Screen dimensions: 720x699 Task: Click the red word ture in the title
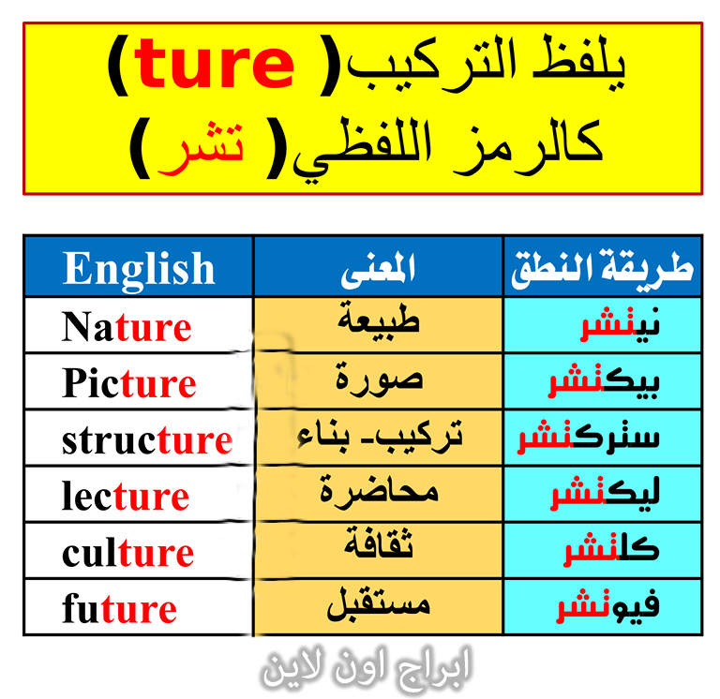[214, 65]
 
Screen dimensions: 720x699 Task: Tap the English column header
[139, 270]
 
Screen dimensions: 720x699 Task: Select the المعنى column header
[378, 270]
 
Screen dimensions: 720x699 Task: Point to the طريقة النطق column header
[602, 270]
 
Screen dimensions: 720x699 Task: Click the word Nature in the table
[127, 327]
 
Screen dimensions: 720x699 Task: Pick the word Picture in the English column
[129, 383]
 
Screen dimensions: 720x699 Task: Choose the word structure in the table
[147, 440]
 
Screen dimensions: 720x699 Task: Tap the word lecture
[126, 496]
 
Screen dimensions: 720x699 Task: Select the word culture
[127, 552]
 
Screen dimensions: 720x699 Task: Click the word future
[119, 608]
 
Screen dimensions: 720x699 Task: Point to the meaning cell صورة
[379, 380]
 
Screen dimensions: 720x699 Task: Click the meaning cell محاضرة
[379, 493]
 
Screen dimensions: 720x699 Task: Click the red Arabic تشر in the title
[201, 148]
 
